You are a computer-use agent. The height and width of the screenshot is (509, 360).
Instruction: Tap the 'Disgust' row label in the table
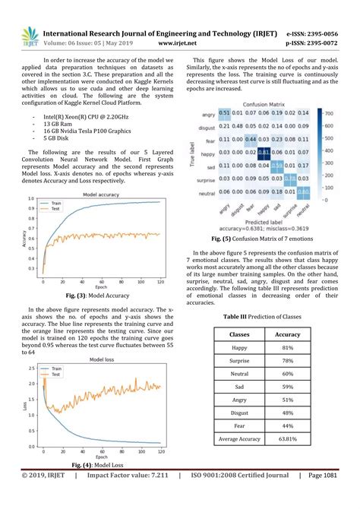pyautogui.click(x=240, y=413)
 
